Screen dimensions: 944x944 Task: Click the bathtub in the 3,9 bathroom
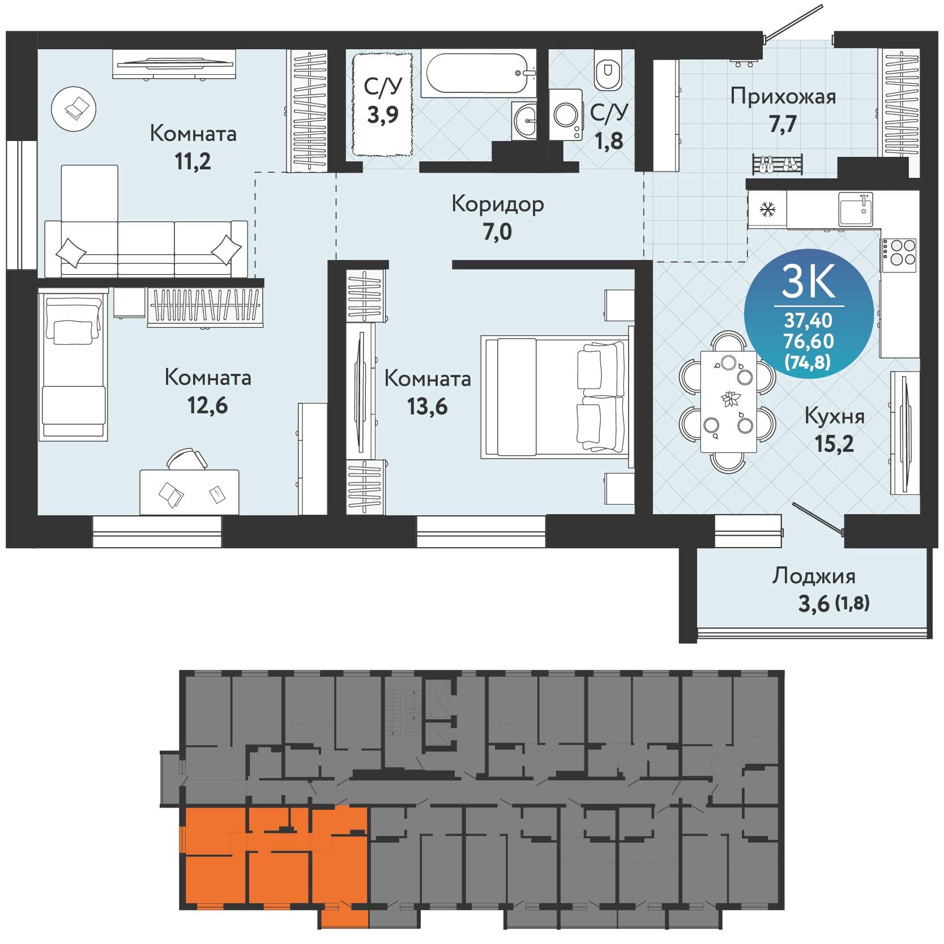pyautogui.click(x=478, y=74)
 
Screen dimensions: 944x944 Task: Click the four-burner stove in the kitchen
pyautogui.click(x=899, y=253)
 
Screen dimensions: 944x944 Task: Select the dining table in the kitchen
pyautogui.click(x=728, y=401)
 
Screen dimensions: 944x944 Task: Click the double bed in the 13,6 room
pyautogui.click(x=555, y=396)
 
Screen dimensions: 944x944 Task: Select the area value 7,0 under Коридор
pyautogui.click(x=497, y=232)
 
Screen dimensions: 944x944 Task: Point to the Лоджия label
pyautogui.click(x=814, y=576)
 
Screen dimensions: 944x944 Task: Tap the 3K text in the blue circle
pyautogui.click(x=809, y=283)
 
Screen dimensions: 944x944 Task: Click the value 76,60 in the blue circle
pyautogui.click(x=809, y=341)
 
